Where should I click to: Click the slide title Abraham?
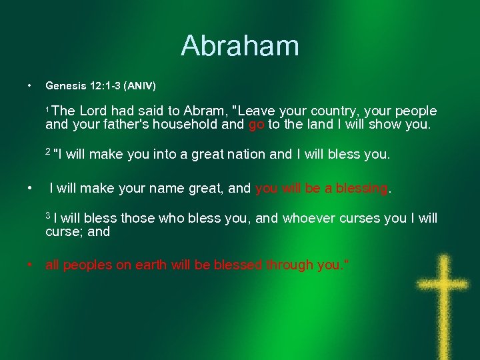click(x=240, y=46)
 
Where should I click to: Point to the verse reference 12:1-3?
click(x=103, y=86)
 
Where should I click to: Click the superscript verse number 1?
click(x=47, y=108)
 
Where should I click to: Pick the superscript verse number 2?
click(x=48, y=151)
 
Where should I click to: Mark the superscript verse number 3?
click(x=48, y=215)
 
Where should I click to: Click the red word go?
click(x=256, y=125)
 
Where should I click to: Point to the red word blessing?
click(x=362, y=189)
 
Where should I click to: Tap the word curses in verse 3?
click(x=363, y=218)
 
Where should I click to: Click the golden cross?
click(x=442, y=293)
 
